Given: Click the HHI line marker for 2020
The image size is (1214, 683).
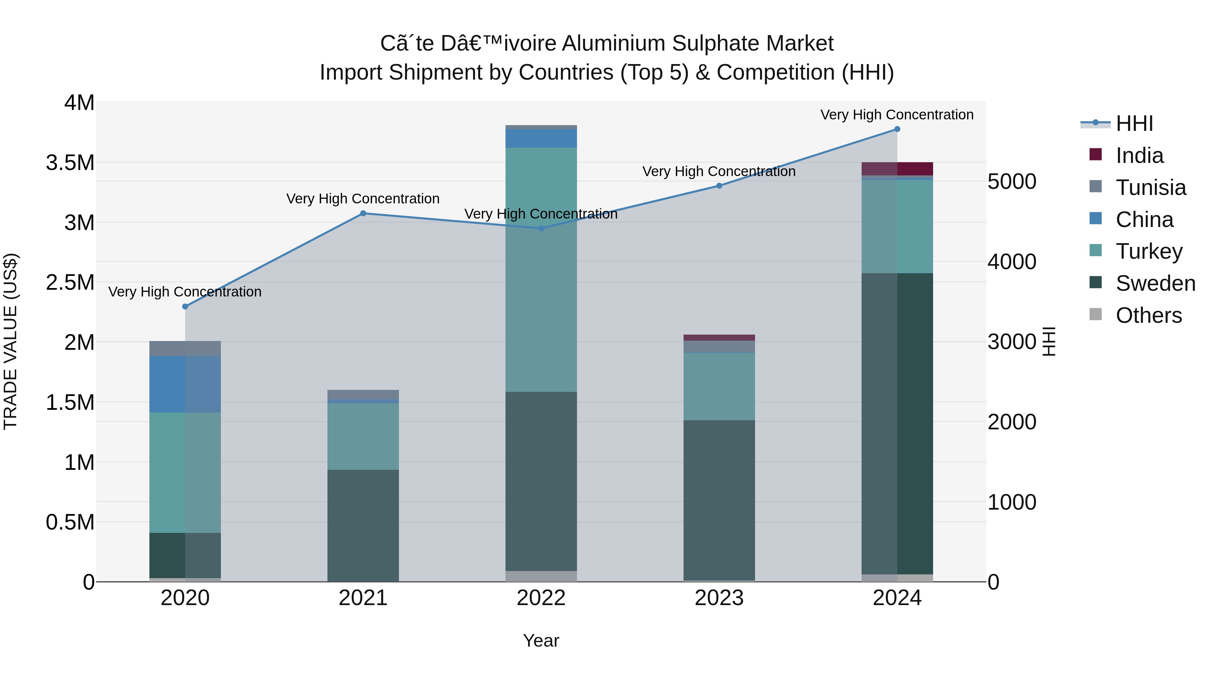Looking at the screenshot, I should (x=185, y=306).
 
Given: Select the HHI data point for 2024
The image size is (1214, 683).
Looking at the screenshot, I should (x=897, y=129).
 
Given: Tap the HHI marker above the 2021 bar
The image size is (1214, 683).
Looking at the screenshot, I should (x=363, y=214).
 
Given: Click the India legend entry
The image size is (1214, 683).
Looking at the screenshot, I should (x=1139, y=155).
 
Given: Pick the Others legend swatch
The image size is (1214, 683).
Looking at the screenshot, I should (x=1096, y=314).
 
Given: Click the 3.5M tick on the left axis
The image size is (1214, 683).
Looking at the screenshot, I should (x=70, y=163).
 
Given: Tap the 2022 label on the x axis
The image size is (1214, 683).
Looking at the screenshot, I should (x=541, y=598).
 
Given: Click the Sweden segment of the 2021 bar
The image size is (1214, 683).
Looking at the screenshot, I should (x=363, y=525).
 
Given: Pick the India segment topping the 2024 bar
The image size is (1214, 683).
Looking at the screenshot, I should (x=897, y=169).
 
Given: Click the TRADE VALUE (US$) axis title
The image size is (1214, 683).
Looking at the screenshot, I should (x=10, y=341).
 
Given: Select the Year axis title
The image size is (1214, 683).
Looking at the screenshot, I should (x=541, y=641).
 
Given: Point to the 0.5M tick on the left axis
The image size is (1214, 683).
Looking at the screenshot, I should (x=70, y=522).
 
